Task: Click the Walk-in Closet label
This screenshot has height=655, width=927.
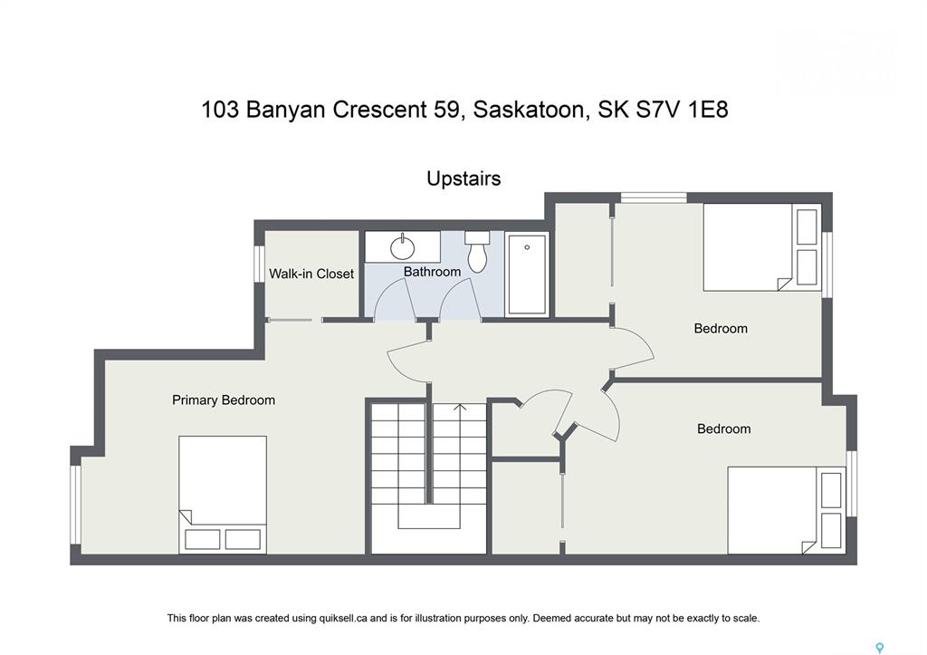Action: pos(311,274)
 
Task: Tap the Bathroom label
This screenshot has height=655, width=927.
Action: pos(432,272)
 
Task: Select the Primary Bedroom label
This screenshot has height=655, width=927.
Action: pos(224,400)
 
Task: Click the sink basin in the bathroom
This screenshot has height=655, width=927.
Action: pos(403,246)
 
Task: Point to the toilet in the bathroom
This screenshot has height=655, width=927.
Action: pos(477,252)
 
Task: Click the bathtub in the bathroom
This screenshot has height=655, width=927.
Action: pos(527,274)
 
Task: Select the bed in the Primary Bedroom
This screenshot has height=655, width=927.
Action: pos(223,495)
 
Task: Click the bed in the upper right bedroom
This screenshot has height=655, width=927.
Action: pos(762,247)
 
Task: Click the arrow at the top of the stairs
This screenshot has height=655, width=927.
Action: pos(460,409)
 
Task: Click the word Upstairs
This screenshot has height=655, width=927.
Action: pos(463,178)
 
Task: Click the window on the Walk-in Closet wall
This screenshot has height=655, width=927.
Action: pos(259,264)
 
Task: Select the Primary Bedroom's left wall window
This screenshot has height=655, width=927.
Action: pos(75,504)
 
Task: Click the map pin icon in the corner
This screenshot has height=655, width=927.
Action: pos(880,649)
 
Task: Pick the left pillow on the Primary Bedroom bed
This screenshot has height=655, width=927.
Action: pos(202,540)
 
